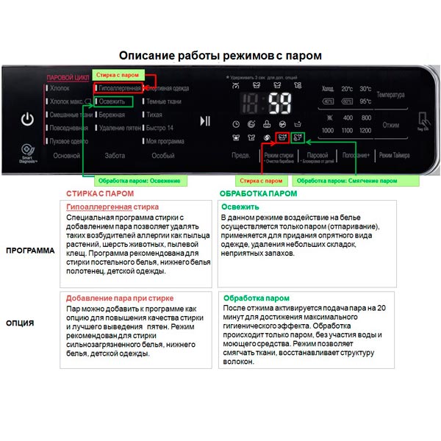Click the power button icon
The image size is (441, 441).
click(27, 119)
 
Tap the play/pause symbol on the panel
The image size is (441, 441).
click(205, 121)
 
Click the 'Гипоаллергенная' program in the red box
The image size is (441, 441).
click(118, 88)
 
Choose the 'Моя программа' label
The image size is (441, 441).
click(165, 140)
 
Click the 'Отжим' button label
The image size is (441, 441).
click(391, 125)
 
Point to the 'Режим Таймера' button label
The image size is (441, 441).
click(395, 156)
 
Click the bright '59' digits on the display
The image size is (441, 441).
click(280, 102)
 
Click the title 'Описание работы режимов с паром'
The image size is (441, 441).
click(220, 56)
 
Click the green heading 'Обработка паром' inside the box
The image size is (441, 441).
click(251, 298)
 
